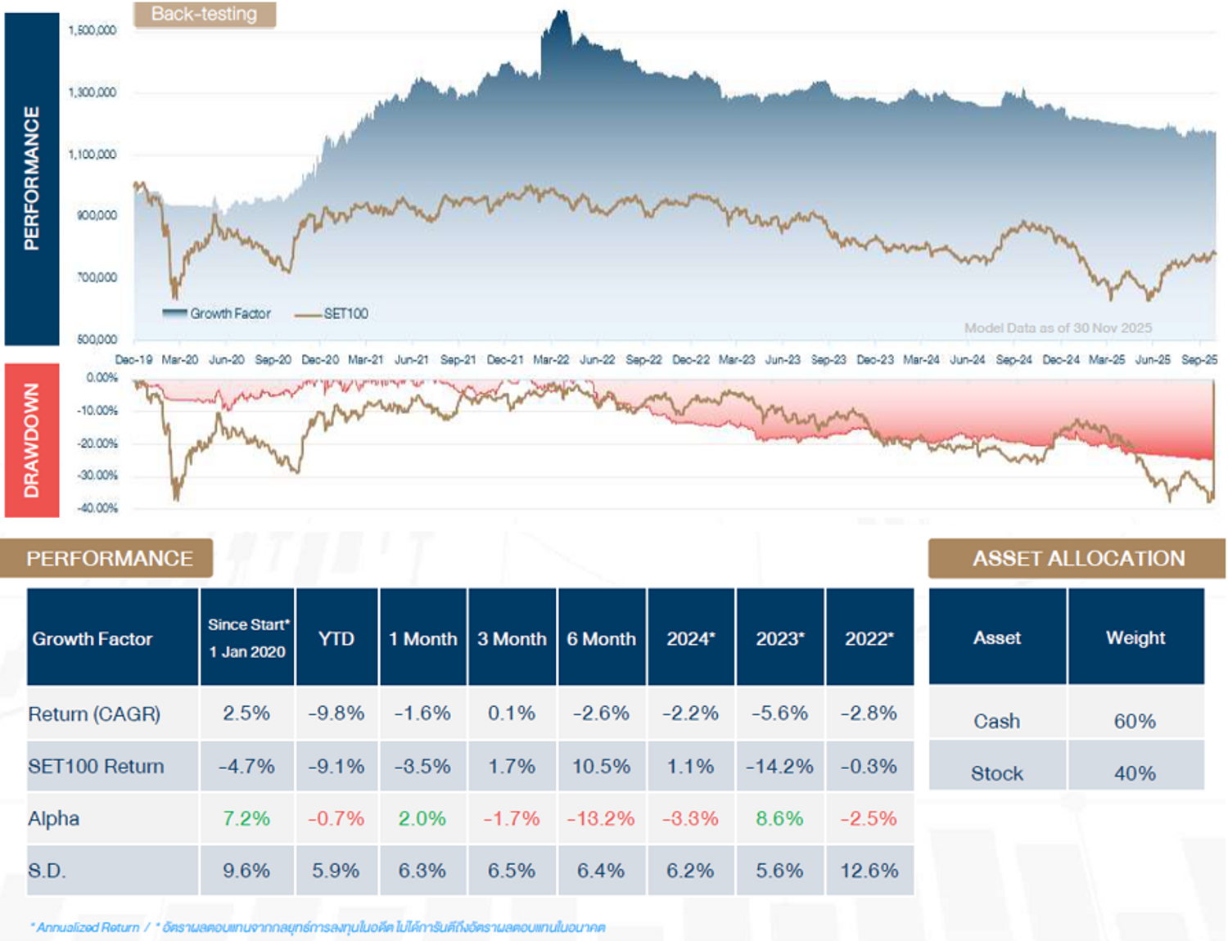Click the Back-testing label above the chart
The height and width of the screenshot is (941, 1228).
pos(204,14)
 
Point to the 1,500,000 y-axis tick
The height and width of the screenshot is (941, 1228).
pos(93,30)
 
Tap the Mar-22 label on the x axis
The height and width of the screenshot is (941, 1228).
pos(551,359)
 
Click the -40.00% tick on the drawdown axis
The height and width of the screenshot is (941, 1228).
pos(97,508)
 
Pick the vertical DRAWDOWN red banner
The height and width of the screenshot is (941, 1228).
pos(32,440)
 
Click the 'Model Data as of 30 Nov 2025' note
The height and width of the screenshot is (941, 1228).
pos(1058,328)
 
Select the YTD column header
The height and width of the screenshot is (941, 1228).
pos(336,638)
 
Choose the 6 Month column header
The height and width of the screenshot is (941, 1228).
pos(601,638)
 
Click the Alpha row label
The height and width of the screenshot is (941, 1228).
pos(54,818)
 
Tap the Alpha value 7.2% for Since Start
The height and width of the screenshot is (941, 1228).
pos(246,818)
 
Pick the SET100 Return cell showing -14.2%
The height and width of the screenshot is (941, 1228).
pos(779,767)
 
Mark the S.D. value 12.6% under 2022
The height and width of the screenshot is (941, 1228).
pos(869,871)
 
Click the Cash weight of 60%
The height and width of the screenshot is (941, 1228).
pos(1135,721)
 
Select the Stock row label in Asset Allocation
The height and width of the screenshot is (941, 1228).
pos(996,773)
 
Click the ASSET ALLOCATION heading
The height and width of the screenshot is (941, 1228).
pos(1078,558)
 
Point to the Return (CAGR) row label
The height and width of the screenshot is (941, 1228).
pos(94,714)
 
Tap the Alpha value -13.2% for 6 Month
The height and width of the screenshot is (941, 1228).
pos(601,818)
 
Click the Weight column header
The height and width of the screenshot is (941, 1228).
pos(1135,637)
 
